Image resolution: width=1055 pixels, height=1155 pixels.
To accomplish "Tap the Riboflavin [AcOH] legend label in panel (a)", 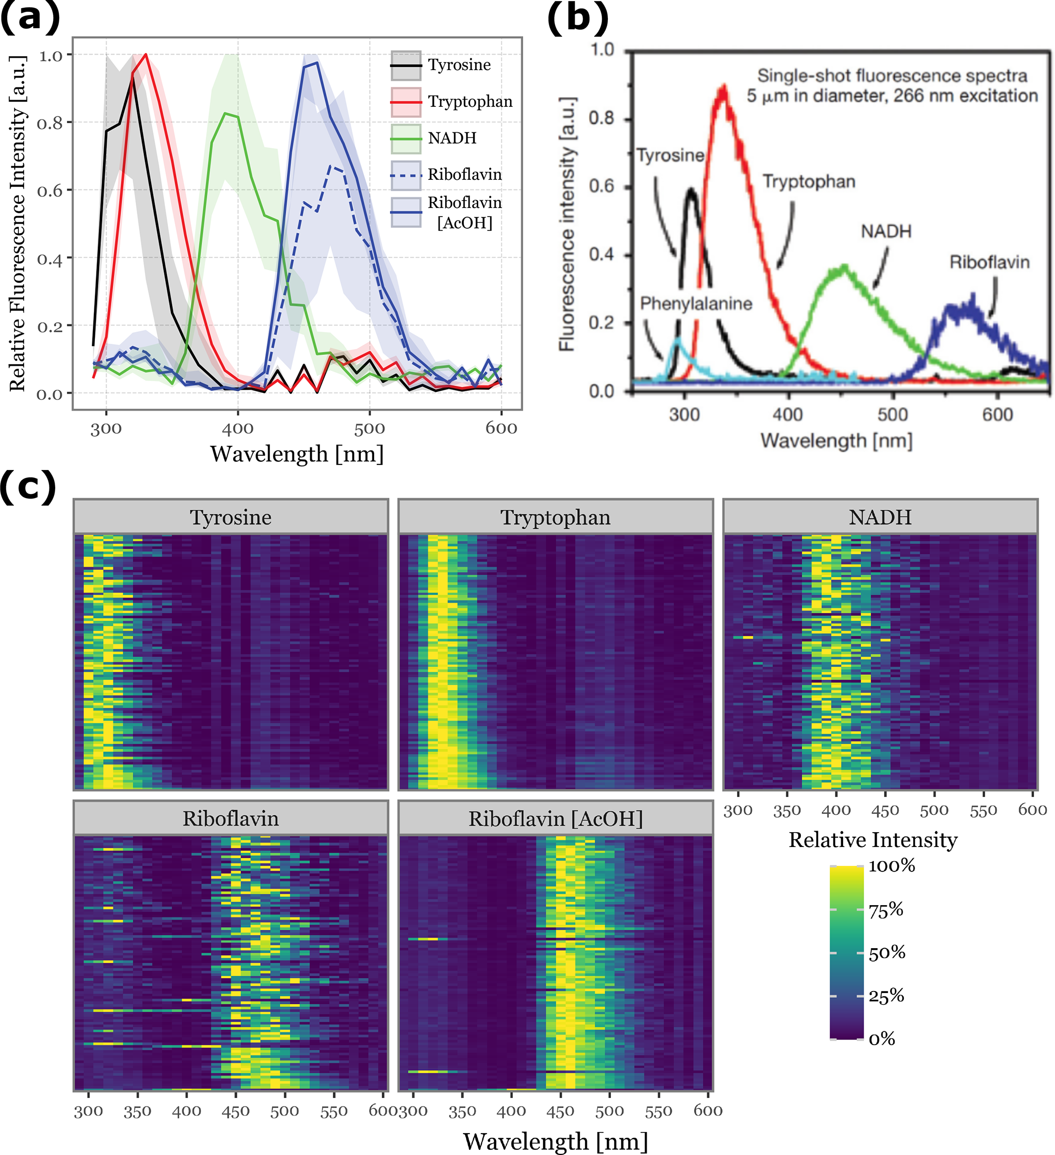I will tap(464, 212).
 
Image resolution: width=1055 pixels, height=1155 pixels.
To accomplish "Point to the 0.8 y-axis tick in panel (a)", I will tap(50, 123).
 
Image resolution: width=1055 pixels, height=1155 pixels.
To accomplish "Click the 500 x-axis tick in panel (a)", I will tap(369, 428).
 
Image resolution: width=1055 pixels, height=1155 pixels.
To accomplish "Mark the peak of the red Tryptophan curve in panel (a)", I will tap(146, 55).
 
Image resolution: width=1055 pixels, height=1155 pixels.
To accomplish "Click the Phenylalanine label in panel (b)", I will tap(696, 303).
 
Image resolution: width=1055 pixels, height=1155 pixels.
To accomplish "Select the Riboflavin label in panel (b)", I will tap(989, 263).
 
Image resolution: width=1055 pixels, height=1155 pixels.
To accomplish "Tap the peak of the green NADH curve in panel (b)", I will tap(844, 266).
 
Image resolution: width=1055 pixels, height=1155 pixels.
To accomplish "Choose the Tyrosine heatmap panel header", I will tap(231, 517).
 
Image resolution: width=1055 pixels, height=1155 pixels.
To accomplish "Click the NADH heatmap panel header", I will tap(880, 517).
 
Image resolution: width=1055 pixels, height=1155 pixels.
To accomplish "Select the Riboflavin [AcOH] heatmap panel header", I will tap(555, 819).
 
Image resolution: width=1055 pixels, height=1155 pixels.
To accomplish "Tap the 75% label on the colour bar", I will tap(886, 910).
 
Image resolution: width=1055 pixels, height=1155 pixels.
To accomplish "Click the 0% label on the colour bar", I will tap(881, 1039).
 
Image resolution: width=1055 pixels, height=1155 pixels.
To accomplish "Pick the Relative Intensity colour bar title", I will tap(872, 840).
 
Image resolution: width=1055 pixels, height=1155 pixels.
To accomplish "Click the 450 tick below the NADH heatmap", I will tap(885, 811).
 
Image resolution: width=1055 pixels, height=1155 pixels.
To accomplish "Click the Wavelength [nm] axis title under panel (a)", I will tap(297, 454).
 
